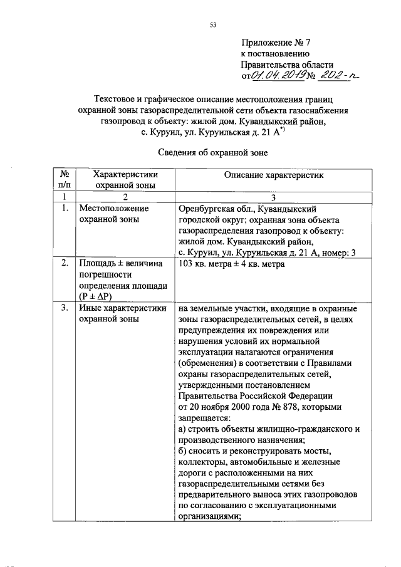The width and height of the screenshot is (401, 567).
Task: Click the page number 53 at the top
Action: click(x=212, y=25)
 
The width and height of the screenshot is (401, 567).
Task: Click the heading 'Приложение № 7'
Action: click(x=276, y=43)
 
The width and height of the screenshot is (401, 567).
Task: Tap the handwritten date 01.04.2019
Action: click(x=277, y=76)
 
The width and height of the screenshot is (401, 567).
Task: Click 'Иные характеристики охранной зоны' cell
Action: click(x=122, y=313)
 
